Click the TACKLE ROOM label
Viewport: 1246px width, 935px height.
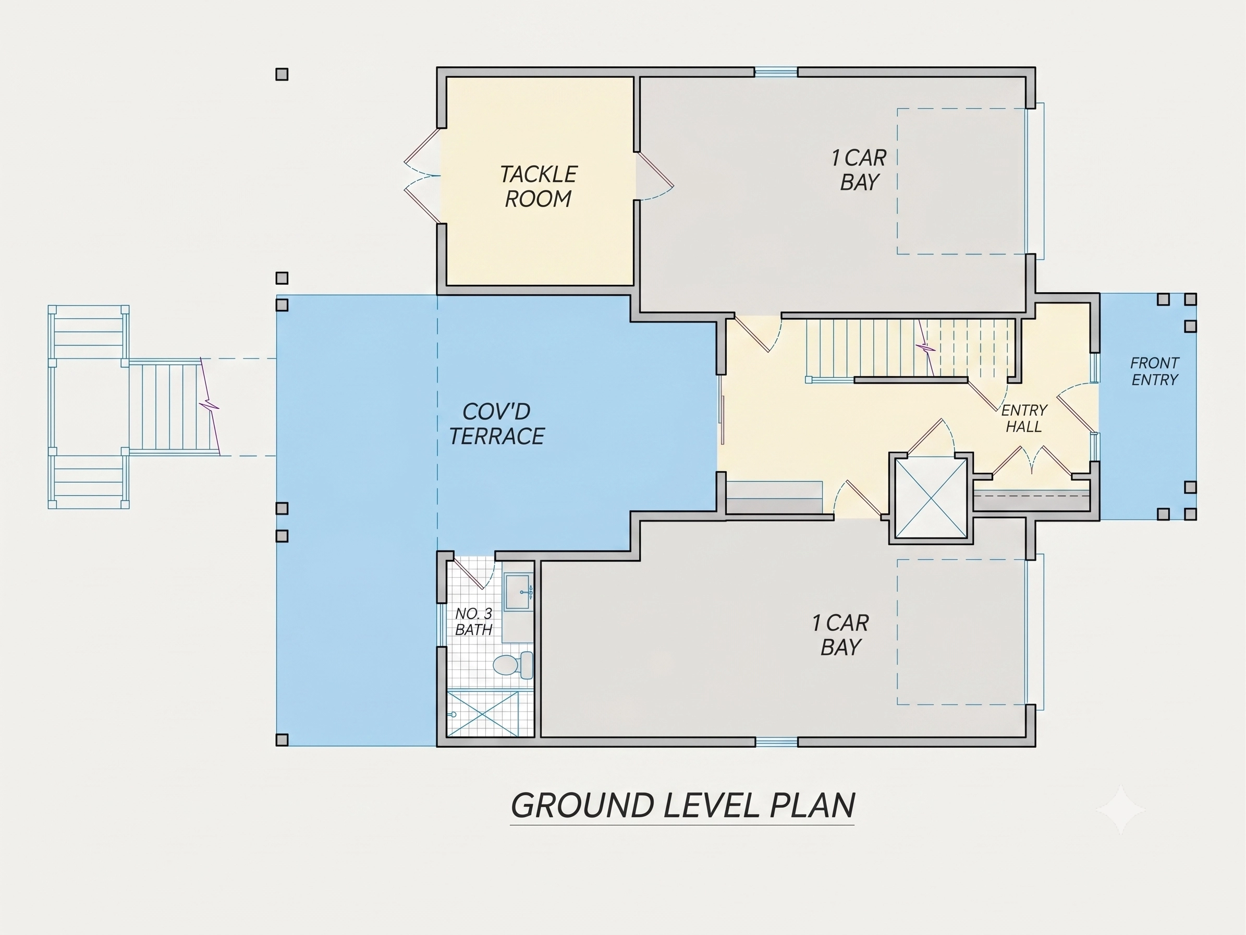tap(539, 187)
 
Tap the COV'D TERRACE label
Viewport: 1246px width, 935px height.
tap(497, 424)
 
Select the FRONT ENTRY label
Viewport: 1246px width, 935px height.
tap(1155, 371)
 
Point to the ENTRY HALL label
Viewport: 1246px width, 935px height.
tap(1024, 418)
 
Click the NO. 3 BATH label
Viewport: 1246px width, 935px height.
tap(474, 621)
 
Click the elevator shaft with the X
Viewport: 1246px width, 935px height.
tap(931, 498)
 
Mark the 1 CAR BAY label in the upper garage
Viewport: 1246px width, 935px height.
tap(859, 170)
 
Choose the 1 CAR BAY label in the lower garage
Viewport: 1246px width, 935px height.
tap(840, 635)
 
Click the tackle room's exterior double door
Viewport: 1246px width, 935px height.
tap(422, 176)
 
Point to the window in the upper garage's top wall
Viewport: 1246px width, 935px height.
tap(776, 71)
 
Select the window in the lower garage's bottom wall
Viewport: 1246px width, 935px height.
tap(776, 742)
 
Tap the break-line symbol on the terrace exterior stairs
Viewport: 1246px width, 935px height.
tap(210, 406)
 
